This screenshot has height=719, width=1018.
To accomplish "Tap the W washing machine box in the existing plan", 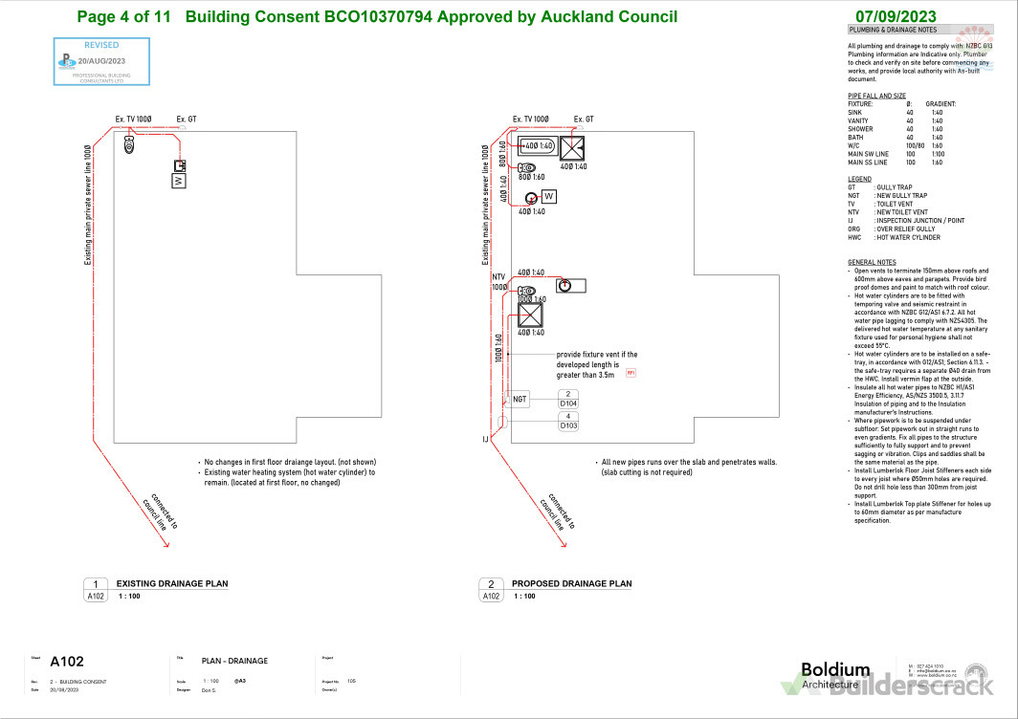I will tap(178, 180).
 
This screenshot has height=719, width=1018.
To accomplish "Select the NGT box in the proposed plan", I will tap(520, 399).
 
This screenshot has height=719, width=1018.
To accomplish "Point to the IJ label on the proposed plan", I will tap(486, 439).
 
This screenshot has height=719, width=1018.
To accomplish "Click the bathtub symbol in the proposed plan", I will tap(536, 146).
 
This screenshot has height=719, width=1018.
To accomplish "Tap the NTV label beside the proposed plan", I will tap(498, 275).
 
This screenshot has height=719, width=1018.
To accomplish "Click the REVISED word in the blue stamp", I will tap(101, 45).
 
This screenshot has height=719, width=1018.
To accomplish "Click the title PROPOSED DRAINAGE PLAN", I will tap(571, 583).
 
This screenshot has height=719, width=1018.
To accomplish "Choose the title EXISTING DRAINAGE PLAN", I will tap(172, 583).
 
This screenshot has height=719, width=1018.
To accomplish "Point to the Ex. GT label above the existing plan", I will tap(188, 120).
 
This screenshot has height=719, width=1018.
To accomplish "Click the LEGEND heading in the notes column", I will tap(859, 179).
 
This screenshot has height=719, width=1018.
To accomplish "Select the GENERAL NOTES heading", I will tap(872, 262).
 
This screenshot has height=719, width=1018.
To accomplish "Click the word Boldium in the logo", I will tap(834, 670).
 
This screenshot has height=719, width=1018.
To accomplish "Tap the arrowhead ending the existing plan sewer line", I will tap(166, 546).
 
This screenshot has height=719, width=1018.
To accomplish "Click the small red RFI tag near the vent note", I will tap(631, 372).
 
